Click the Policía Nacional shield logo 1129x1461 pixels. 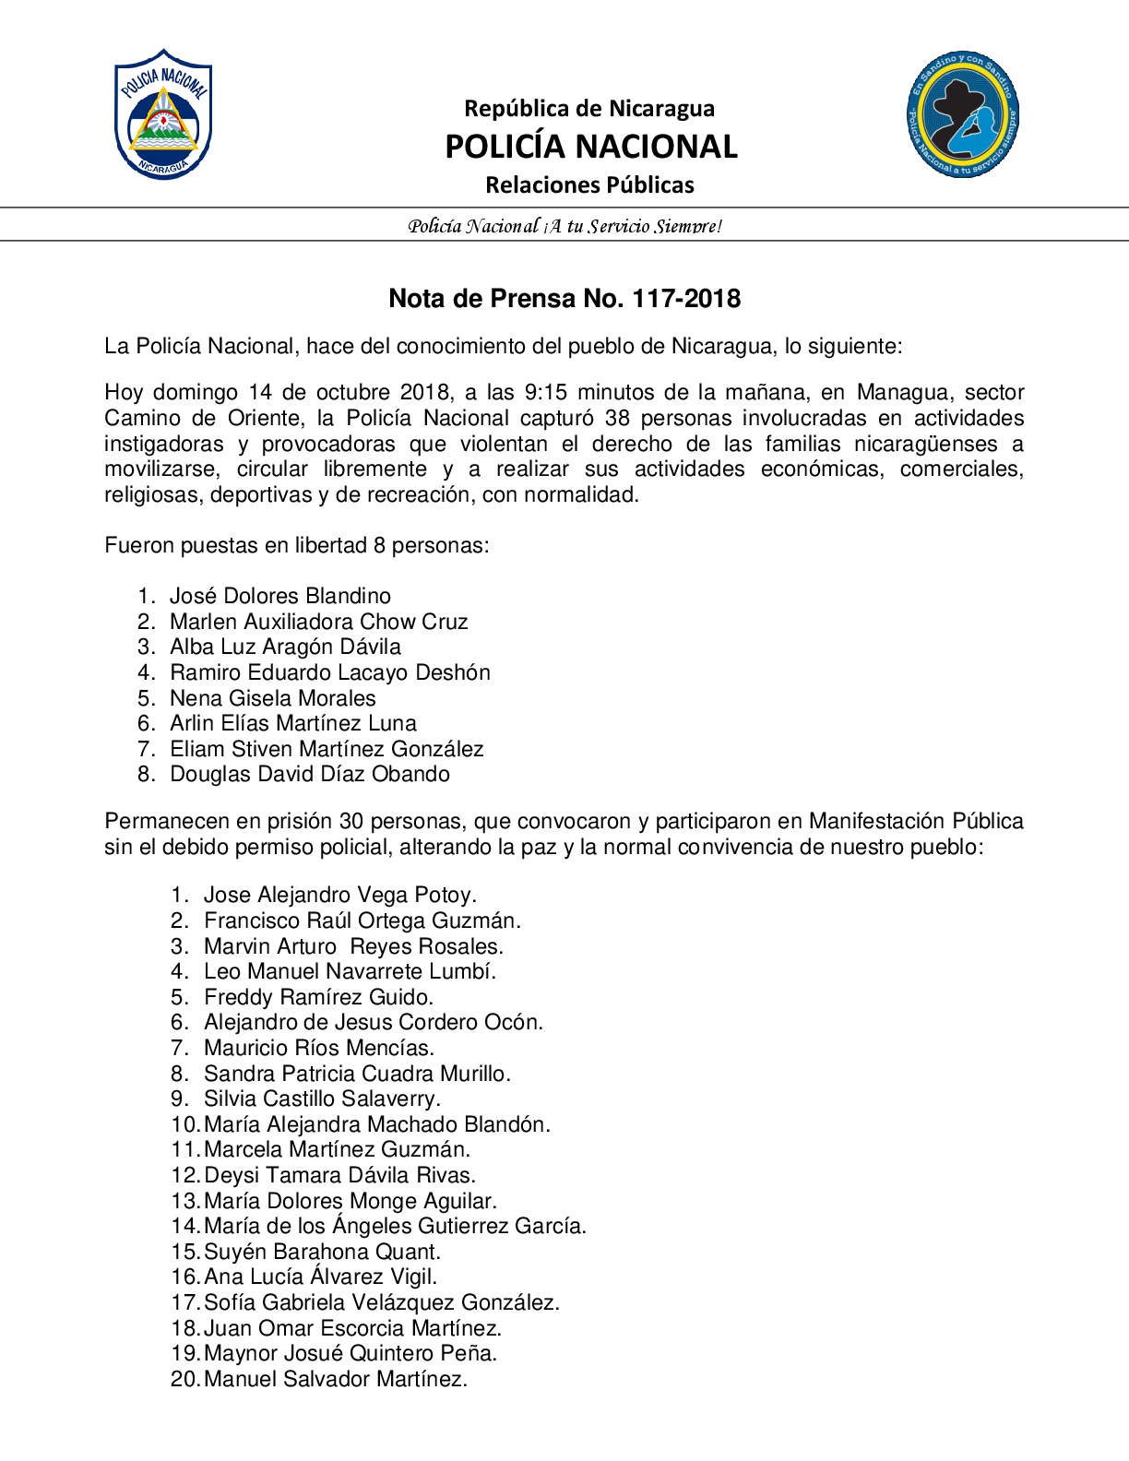[x=163, y=114]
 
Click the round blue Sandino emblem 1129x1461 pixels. [x=963, y=114]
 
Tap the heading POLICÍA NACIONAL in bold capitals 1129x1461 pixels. [x=590, y=147]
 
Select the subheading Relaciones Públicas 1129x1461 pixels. [x=589, y=185]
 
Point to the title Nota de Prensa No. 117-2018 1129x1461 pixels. [x=564, y=299]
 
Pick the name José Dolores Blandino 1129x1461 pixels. [x=279, y=596]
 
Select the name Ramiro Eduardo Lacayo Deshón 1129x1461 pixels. [x=329, y=672]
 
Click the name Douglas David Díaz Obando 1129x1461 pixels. [x=309, y=774]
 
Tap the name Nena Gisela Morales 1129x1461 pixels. [x=272, y=698]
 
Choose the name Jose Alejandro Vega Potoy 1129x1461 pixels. [x=339, y=895]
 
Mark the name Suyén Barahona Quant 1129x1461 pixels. [x=322, y=1252]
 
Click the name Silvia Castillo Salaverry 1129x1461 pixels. [x=322, y=1099]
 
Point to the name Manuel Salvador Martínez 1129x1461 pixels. [x=335, y=1379]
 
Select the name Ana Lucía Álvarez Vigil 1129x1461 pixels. [x=320, y=1277]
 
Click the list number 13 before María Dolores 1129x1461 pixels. [x=184, y=1201]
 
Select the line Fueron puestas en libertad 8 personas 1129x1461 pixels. [x=296, y=545]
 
